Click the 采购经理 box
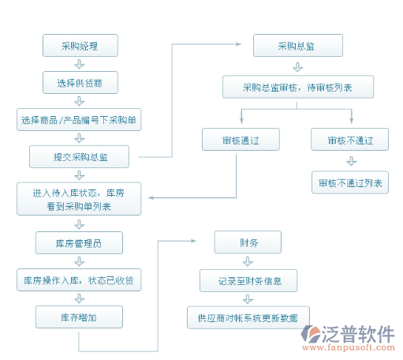click(x=80, y=45)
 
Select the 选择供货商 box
click(x=80, y=82)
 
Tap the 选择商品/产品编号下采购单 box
click(x=79, y=119)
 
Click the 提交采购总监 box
click(x=79, y=156)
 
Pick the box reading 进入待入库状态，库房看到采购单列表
click(x=79, y=199)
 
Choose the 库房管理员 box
click(x=79, y=242)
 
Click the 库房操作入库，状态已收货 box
click(x=79, y=279)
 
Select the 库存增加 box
click(x=79, y=317)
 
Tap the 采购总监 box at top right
click(x=298, y=45)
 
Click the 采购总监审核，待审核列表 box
click(x=298, y=87)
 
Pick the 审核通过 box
click(x=241, y=139)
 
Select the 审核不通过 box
click(x=349, y=139)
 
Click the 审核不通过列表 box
click(x=350, y=182)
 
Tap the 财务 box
click(x=248, y=242)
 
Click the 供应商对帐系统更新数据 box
click(x=248, y=317)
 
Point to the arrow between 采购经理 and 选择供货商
click(x=80, y=64)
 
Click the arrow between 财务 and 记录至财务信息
click(x=248, y=261)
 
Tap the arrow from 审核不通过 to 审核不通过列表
click(x=352, y=161)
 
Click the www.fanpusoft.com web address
click(x=349, y=347)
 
